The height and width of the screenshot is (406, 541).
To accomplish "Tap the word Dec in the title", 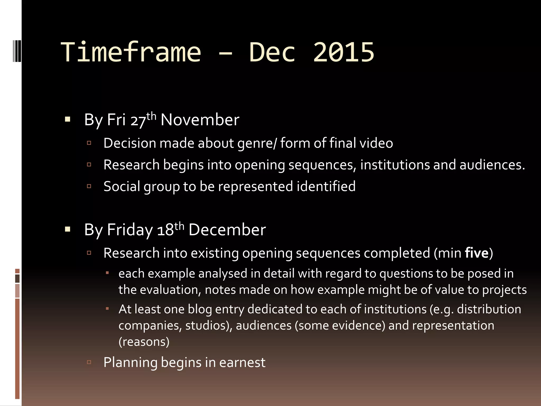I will [x=272, y=52].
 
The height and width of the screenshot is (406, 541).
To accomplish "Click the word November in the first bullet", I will [x=200, y=120].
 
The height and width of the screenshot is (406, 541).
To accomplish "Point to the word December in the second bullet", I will [x=227, y=230].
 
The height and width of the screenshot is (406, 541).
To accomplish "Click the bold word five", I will [x=477, y=253].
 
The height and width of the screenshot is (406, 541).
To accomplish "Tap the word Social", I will [x=122, y=186].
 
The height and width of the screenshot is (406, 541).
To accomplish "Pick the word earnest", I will [x=242, y=362].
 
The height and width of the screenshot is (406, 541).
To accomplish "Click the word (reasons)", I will [x=144, y=342].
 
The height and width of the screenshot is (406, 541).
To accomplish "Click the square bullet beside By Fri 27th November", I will [x=68, y=119].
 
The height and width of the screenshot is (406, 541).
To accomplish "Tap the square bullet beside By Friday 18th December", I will [x=68, y=229].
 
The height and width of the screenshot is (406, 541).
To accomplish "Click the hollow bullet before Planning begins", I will [x=89, y=362].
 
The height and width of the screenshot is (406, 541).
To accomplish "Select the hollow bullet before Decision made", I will [x=89, y=143].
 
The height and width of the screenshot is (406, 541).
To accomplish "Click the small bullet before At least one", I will [x=107, y=308].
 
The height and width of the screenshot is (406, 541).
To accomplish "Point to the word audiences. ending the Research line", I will [x=492, y=165].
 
